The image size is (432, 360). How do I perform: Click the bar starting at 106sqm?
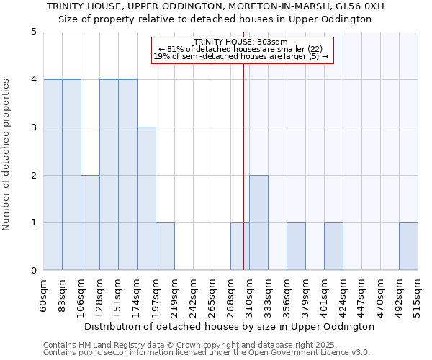pyautogui.click(x=90, y=222)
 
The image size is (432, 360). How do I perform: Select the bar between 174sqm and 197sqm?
pyautogui.click(x=146, y=199)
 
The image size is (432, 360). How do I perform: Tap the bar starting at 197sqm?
pyautogui.click(x=165, y=246)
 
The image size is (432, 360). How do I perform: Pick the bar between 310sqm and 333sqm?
pyautogui.click(x=258, y=222)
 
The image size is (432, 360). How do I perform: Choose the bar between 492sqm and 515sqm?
pyautogui.click(x=408, y=246)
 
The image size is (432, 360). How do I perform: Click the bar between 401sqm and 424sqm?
pyautogui.click(x=333, y=246)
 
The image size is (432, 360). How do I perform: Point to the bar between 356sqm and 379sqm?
pyautogui.click(x=296, y=246)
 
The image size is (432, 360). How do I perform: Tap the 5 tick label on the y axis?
pyautogui.click(x=33, y=32)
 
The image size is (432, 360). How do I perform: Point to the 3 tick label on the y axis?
pyautogui.click(x=33, y=127)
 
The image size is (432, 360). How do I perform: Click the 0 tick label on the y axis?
pyautogui.click(x=33, y=271)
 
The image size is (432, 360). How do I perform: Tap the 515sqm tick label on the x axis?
pyautogui.click(x=418, y=294)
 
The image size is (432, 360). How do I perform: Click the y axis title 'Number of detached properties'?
pyautogui.click(x=7, y=156)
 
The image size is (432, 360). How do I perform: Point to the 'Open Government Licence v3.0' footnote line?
pyautogui.click(x=207, y=353)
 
